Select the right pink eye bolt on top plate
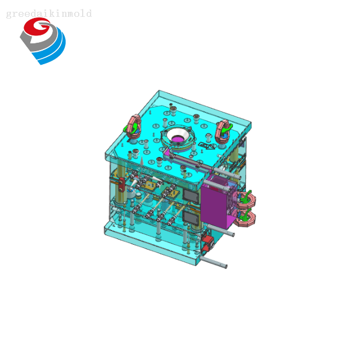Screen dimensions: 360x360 pyautogui.click(x=223, y=130)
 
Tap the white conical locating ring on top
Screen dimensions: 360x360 pyautogui.click(x=177, y=138)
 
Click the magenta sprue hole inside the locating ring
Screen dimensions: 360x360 pyautogui.click(x=179, y=139)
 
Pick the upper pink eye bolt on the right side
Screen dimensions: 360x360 pyautogui.click(x=246, y=199)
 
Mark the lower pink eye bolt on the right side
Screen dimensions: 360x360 pyautogui.click(x=246, y=217)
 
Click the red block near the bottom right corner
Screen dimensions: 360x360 pyautogui.click(x=206, y=244)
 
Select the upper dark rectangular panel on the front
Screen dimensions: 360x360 pyautogui.click(x=191, y=195)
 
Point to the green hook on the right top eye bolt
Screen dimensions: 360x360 pyautogui.click(x=224, y=133)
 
